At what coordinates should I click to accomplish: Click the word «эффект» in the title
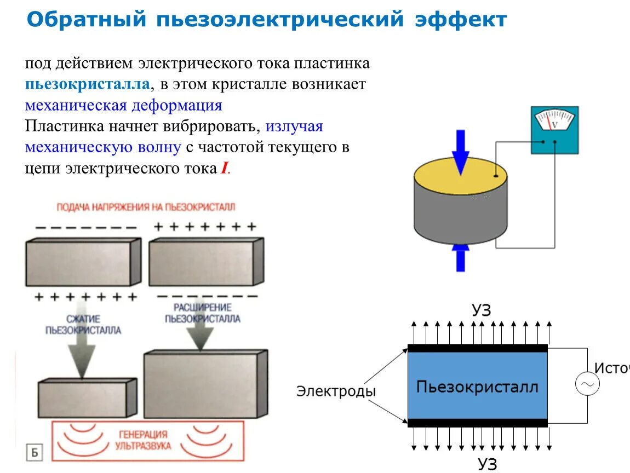tap(461, 20)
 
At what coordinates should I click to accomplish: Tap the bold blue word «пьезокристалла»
tap(87, 84)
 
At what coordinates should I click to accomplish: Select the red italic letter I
tap(224, 169)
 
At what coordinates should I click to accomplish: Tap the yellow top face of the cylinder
tap(460, 176)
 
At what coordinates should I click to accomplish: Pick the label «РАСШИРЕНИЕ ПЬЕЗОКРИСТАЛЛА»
tap(202, 313)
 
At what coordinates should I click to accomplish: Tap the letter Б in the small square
tap(34, 453)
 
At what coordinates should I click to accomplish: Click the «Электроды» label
tap(336, 391)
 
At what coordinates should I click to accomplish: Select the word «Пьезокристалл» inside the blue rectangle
tap(477, 387)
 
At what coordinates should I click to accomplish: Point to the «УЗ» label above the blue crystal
tap(481, 311)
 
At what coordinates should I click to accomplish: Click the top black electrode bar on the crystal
tap(477, 348)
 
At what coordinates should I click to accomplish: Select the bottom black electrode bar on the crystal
tap(477, 423)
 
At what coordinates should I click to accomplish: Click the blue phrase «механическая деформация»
tap(124, 105)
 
